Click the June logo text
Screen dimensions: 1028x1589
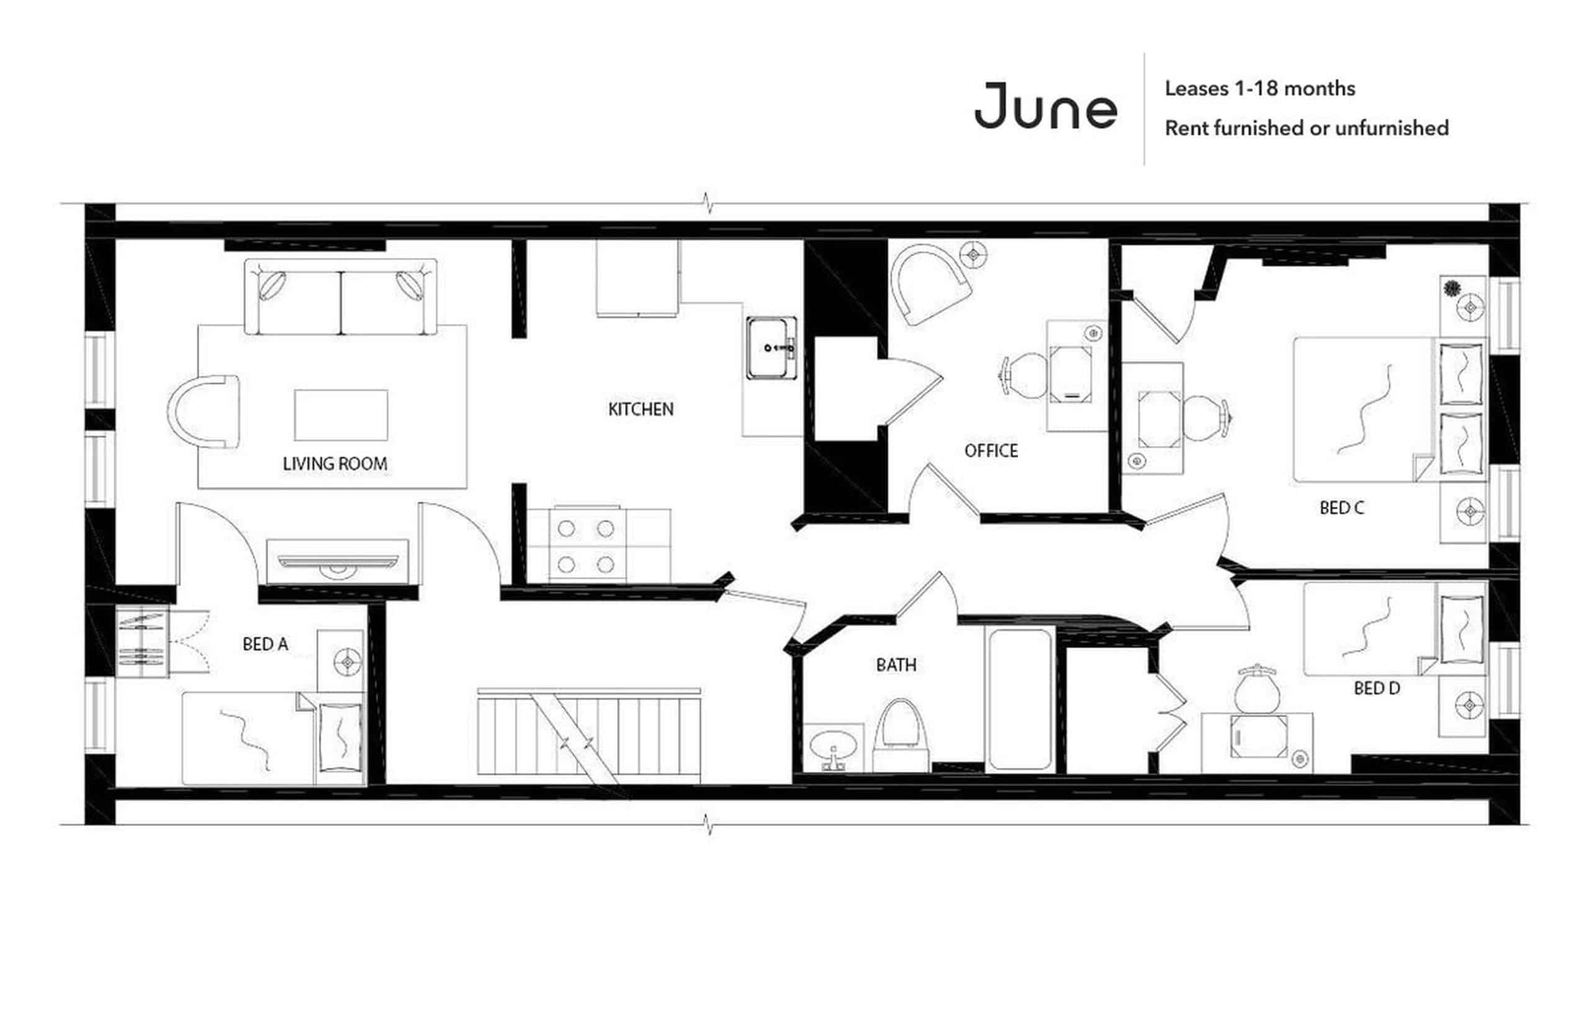(x=1045, y=107)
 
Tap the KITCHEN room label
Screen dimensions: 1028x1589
(x=641, y=409)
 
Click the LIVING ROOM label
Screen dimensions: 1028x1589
(x=335, y=463)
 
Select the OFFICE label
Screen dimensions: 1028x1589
(x=991, y=450)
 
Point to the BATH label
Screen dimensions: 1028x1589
(x=896, y=665)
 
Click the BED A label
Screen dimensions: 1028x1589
(x=265, y=644)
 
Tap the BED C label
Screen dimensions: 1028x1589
(x=1341, y=508)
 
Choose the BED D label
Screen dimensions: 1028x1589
(x=1376, y=688)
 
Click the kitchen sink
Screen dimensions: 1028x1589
(x=771, y=348)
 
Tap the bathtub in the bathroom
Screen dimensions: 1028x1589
(x=1019, y=699)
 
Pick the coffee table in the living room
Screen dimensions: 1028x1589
(x=341, y=415)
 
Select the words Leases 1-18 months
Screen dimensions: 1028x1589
(x=1259, y=89)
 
